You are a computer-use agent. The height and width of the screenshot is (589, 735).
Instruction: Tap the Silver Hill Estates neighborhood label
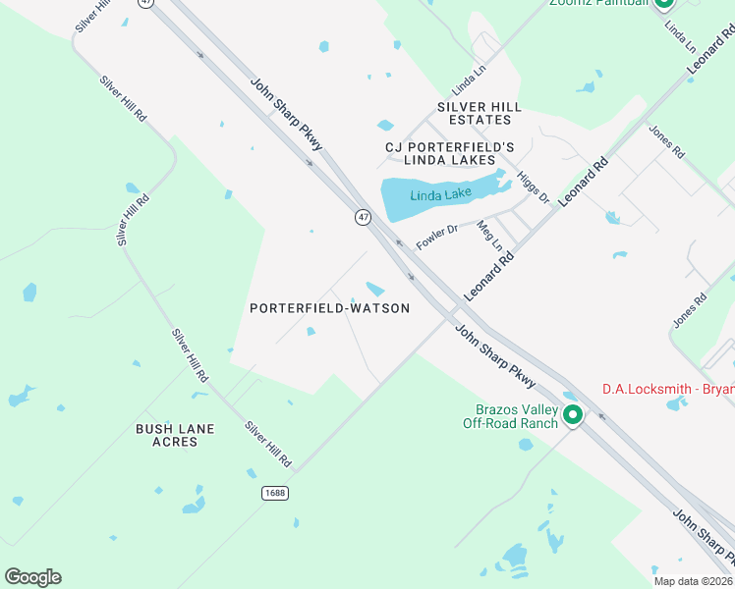[x=480, y=113]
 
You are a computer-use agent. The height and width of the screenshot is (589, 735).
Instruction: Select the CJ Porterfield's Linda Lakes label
[x=450, y=153]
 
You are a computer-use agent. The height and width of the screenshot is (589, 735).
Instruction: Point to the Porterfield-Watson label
[x=329, y=308]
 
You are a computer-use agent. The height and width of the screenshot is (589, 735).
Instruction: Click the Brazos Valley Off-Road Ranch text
[x=511, y=416]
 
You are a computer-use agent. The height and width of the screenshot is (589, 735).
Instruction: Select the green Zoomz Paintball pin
[x=664, y=3]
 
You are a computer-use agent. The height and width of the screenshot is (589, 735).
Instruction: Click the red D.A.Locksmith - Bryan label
[x=667, y=390]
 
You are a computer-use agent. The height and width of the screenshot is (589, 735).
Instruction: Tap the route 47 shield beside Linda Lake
[x=364, y=217]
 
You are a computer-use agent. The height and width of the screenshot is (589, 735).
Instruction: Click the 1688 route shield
[x=275, y=492]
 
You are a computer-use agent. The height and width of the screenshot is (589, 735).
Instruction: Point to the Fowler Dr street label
[x=437, y=237]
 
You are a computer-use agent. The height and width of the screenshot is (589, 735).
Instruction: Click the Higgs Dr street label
[x=533, y=187]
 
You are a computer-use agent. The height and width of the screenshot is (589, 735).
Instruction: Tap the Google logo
[x=32, y=577]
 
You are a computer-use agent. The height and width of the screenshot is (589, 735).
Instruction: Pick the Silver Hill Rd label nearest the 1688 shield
[x=268, y=444]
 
